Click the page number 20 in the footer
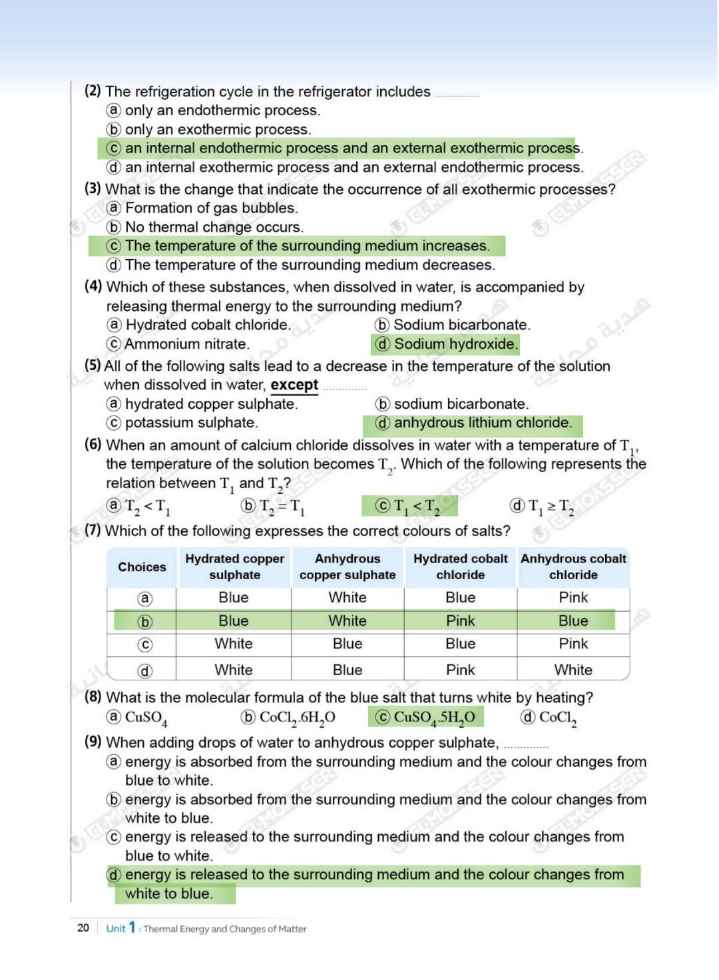coord(83,927)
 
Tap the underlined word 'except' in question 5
coord(294,385)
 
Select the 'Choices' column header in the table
coord(142,567)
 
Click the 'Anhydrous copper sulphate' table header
coord(348,567)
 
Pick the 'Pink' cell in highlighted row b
coord(460,620)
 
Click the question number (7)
coord(93,531)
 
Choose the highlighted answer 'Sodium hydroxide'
coord(455,344)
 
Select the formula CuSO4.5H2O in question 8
coord(434,717)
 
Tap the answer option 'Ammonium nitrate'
coord(186,344)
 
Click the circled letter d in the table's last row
coord(144,670)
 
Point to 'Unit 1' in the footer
coord(120,927)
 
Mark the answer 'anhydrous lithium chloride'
coord(483,423)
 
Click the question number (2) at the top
coord(93,91)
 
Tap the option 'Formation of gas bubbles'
coord(211,208)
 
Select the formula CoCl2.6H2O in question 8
coord(297,717)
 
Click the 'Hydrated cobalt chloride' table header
coord(460,567)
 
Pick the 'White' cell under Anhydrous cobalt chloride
coord(573,670)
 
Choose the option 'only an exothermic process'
coord(218,129)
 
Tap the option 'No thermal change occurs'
coord(214,227)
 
